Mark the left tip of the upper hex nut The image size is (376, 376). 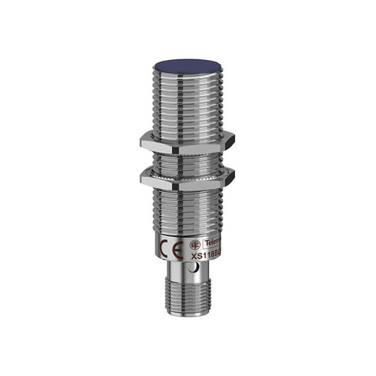click(x=141, y=141)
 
